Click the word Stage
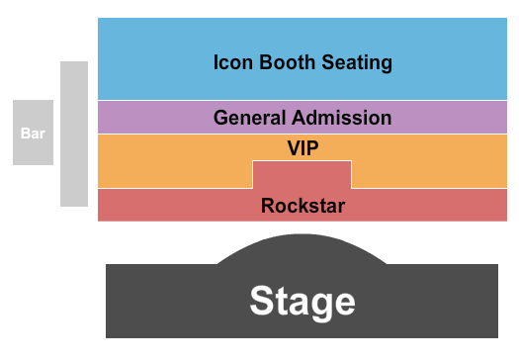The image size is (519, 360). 302,300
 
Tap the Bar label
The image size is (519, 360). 33,133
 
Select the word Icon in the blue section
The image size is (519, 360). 229,62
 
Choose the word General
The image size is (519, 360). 250,118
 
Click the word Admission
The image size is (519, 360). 341,118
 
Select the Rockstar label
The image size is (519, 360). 303,206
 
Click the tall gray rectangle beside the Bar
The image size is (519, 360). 74,134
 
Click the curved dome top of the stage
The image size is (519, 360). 302,247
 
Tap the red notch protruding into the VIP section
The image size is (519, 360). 302,174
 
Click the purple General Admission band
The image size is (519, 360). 148,118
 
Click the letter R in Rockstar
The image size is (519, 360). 268,206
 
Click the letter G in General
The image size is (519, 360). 221,118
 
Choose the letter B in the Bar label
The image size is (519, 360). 26,133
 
